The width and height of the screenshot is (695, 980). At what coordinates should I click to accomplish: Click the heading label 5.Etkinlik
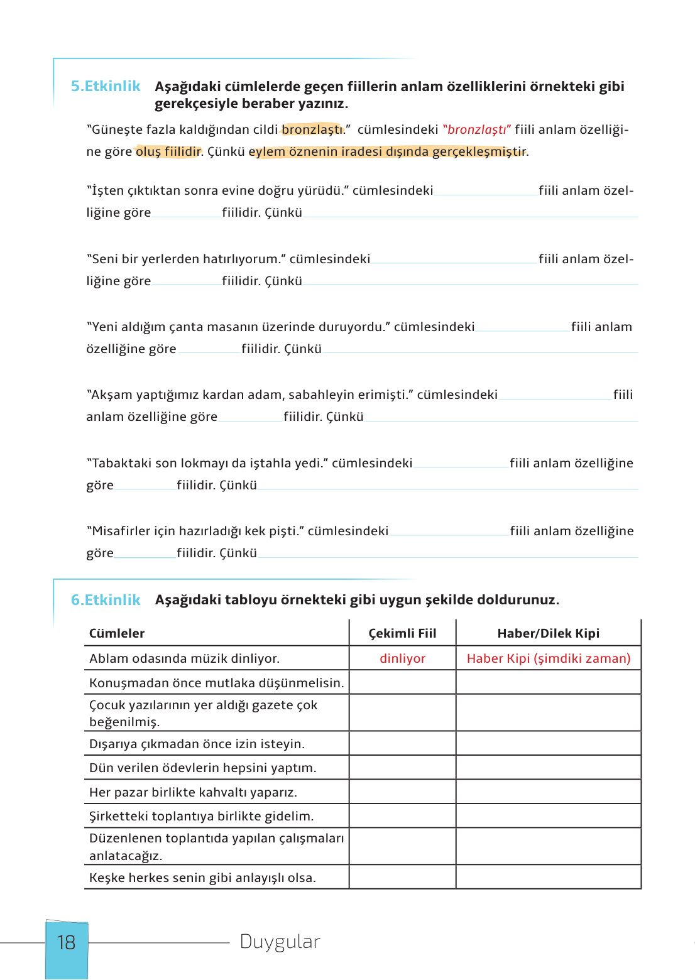point(105,86)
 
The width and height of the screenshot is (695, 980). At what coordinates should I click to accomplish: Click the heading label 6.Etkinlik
point(105,600)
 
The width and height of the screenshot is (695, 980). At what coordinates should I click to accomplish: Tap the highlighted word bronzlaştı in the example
point(312,129)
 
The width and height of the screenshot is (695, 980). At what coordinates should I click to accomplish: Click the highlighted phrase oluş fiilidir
point(168,151)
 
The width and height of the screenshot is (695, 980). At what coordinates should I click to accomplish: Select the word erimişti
point(383,395)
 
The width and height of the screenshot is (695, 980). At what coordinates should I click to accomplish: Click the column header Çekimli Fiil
point(402,633)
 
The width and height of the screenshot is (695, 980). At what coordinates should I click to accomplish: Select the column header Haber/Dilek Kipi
point(548,633)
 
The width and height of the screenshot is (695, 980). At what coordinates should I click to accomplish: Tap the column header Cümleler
point(117,633)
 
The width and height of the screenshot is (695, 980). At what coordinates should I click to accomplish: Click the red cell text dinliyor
point(402,658)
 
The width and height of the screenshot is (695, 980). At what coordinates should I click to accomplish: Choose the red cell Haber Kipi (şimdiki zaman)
point(548,658)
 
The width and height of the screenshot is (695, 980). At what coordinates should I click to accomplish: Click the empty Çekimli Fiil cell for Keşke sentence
point(402,877)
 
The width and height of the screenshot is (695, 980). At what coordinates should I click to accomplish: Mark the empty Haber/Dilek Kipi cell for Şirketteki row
point(548,816)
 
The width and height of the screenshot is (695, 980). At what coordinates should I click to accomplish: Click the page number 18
point(66,942)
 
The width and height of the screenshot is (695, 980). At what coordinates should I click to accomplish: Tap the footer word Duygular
point(280,942)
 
